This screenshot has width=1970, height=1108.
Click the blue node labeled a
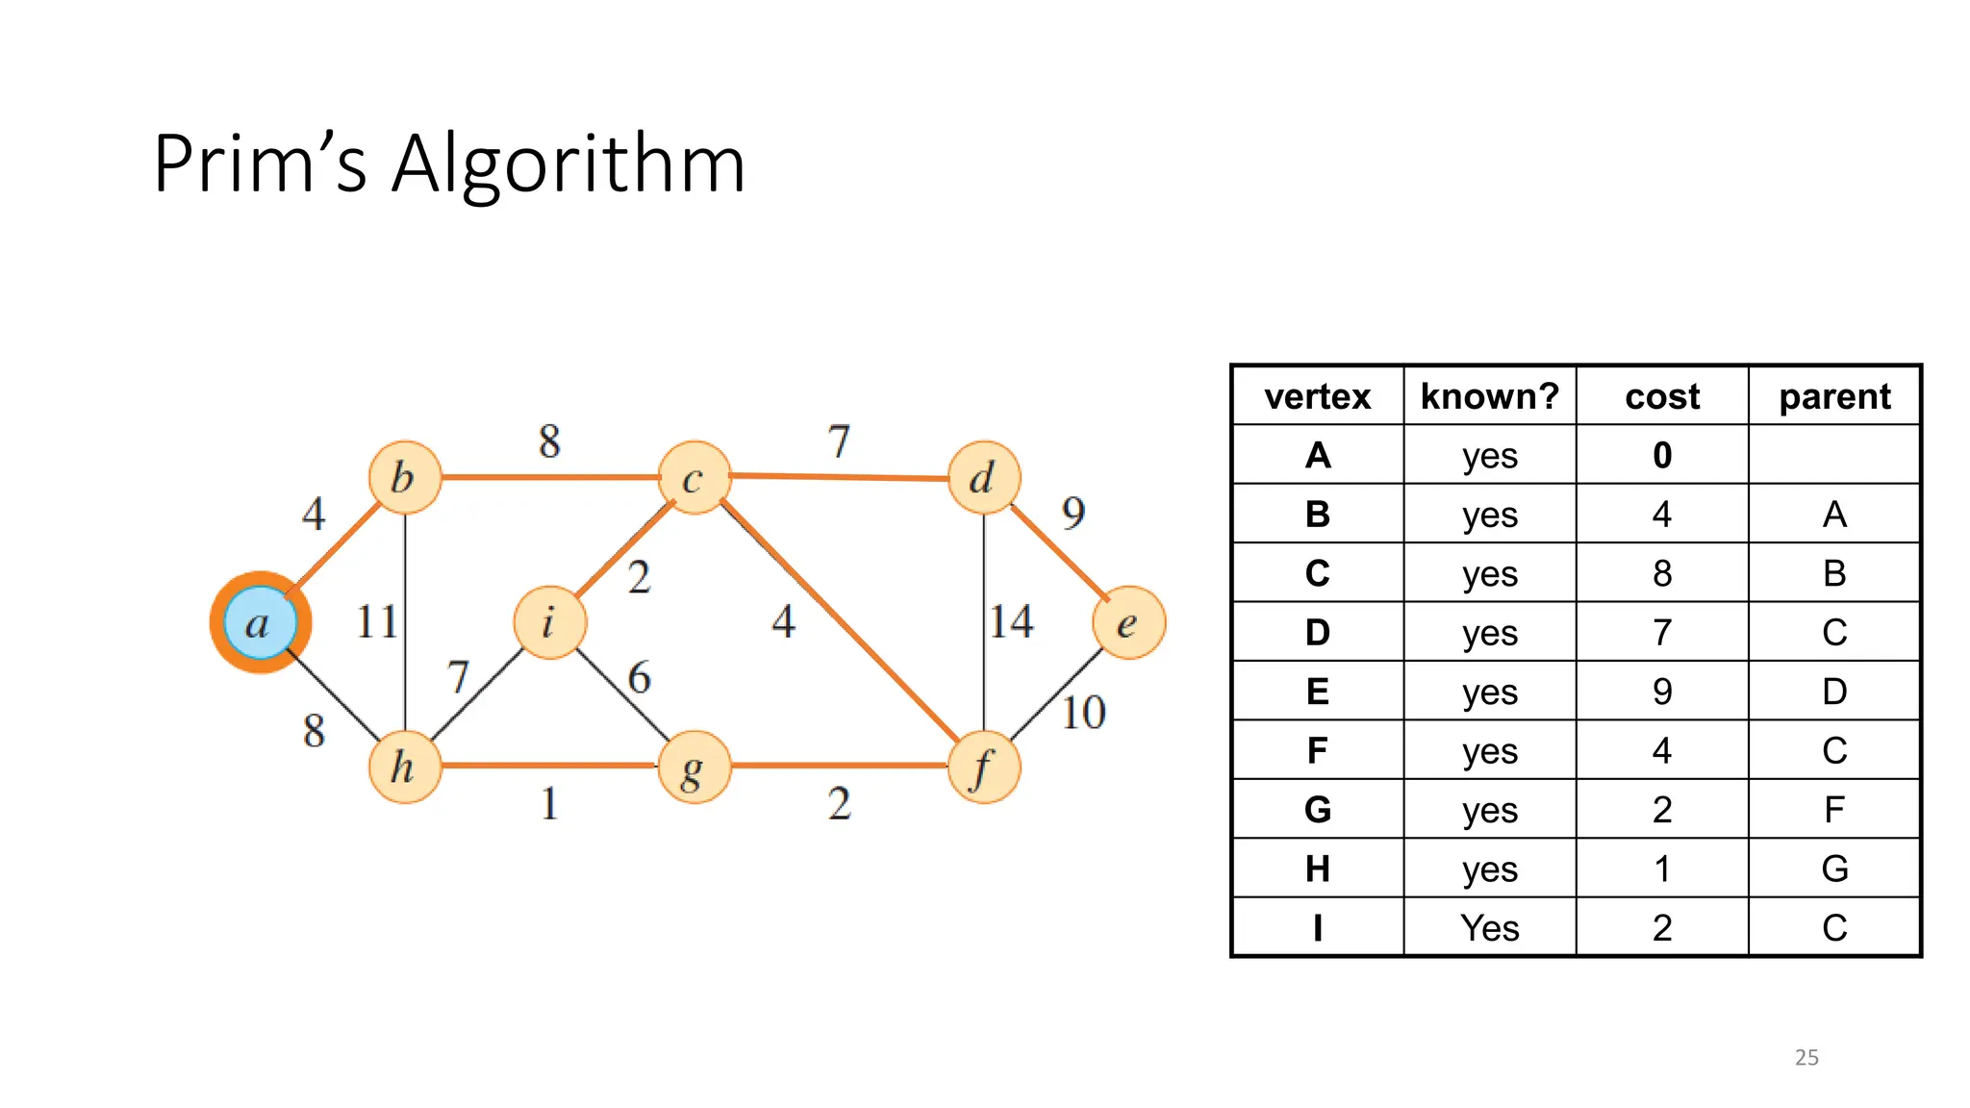click(x=260, y=622)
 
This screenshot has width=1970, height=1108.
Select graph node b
click(x=405, y=477)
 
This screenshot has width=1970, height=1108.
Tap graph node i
click(x=549, y=622)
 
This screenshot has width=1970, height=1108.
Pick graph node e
click(x=1128, y=622)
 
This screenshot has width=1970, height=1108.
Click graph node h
click(x=405, y=767)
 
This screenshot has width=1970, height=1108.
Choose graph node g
click(x=695, y=767)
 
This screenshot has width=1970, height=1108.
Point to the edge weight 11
click(x=376, y=621)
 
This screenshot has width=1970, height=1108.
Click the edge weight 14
click(x=1012, y=621)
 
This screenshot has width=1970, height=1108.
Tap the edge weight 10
click(x=1083, y=713)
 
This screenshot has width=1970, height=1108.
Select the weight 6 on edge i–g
click(x=640, y=677)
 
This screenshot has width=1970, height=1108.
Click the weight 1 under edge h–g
click(x=549, y=803)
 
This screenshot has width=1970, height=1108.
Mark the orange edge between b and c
click(x=549, y=476)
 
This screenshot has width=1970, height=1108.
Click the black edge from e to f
click(x=1056, y=695)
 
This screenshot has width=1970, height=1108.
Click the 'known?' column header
click(x=1489, y=396)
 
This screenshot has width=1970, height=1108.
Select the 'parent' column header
click(x=1834, y=396)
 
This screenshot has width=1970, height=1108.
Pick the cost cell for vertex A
click(x=1662, y=455)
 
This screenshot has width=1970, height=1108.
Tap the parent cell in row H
click(x=1834, y=869)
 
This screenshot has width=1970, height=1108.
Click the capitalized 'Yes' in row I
click(x=1489, y=928)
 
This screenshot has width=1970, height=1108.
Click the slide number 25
click(x=1806, y=1057)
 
